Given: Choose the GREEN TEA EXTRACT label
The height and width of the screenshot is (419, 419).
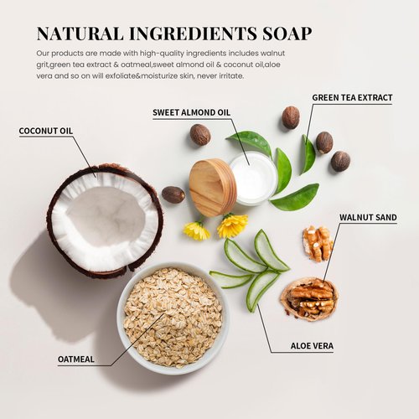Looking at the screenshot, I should pyautogui.click(x=352, y=98).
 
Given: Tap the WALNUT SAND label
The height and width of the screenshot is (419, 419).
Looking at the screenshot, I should pyautogui.click(x=368, y=218).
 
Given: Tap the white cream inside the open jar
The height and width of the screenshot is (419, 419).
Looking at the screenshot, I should pyautogui.click(x=253, y=177).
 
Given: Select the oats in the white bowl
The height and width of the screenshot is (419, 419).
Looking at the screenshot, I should pyautogui.click(x=173, y=318).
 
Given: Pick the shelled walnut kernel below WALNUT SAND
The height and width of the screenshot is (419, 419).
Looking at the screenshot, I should pyautogui.click(x=318, y=243).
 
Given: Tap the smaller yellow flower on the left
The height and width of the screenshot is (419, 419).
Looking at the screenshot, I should pyautogui.click(x=197, y=230).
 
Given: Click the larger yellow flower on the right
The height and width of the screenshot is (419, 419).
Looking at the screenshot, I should pyautogui.click(x=232, y=225).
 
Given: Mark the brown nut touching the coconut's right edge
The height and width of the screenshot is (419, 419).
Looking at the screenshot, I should pyautogui.click(x=173, y=194).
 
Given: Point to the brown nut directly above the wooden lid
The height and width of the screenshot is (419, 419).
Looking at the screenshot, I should pyautogui.click(x=200, y=134).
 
